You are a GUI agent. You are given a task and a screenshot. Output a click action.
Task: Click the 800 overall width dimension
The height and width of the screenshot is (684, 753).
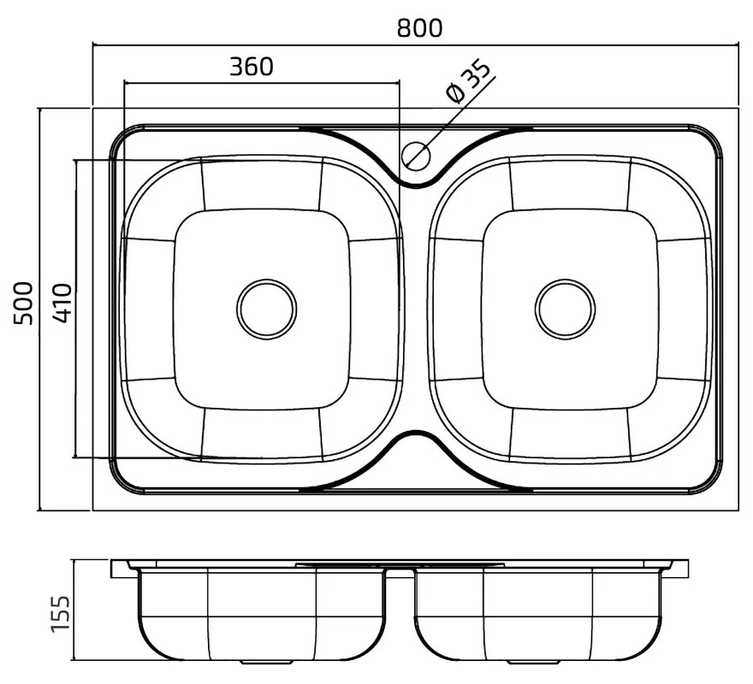tap(419, 28)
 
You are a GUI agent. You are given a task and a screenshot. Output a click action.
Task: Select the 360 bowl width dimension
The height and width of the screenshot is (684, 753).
tap(252, 67)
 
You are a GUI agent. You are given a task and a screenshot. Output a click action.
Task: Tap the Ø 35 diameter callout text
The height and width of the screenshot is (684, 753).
tap(468, 80)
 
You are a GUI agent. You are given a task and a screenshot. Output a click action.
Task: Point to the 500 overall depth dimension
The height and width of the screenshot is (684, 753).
tap(23, 304)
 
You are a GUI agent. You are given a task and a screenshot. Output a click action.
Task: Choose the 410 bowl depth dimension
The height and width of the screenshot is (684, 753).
tap(62, 303)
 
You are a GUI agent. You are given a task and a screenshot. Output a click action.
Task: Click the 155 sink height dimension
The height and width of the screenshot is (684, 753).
tap(61, 614)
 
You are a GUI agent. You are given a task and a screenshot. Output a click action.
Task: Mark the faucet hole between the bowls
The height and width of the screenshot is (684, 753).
tap(416, 156)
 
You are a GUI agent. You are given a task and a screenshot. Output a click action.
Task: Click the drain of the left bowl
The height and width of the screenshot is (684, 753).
tap(266, 310)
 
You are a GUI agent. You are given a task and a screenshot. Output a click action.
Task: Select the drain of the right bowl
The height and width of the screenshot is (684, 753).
tap(566, 310)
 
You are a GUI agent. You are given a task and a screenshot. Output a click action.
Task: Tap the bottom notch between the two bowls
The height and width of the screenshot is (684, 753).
tap(416, 433)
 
